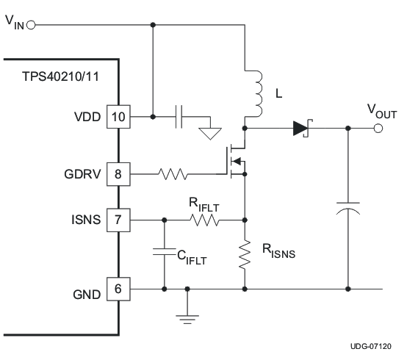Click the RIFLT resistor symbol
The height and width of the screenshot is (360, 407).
click(x=205, y=218)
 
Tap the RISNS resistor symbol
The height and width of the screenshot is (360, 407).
click(x=245, y=254)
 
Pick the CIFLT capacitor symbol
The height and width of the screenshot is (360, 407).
click(x=164, y=253)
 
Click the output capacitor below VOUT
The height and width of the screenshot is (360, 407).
click(x=348, y=210)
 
